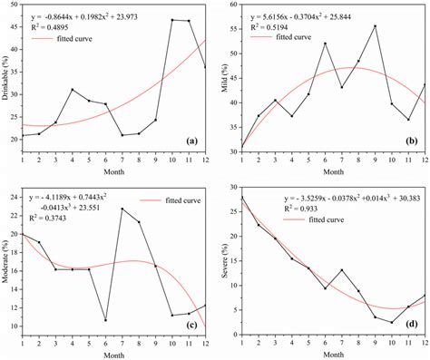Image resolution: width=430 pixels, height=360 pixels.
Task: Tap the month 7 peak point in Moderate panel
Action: click(123, 209)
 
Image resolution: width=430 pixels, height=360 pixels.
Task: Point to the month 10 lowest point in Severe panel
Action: click(391, 322)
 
